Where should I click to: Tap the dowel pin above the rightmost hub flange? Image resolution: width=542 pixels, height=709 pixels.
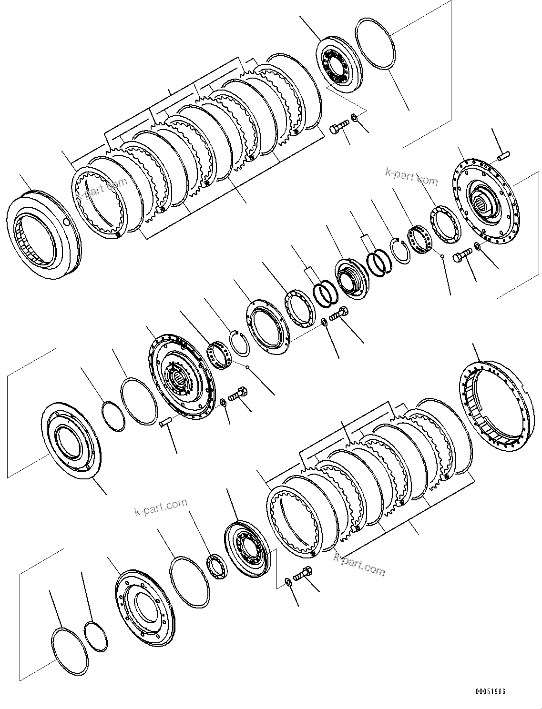504,155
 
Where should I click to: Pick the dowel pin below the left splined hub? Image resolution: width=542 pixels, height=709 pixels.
165,422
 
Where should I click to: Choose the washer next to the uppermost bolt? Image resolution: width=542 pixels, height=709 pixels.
354,117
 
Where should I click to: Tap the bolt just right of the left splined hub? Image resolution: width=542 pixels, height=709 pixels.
237,394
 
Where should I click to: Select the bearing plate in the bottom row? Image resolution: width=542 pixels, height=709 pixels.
248,547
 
